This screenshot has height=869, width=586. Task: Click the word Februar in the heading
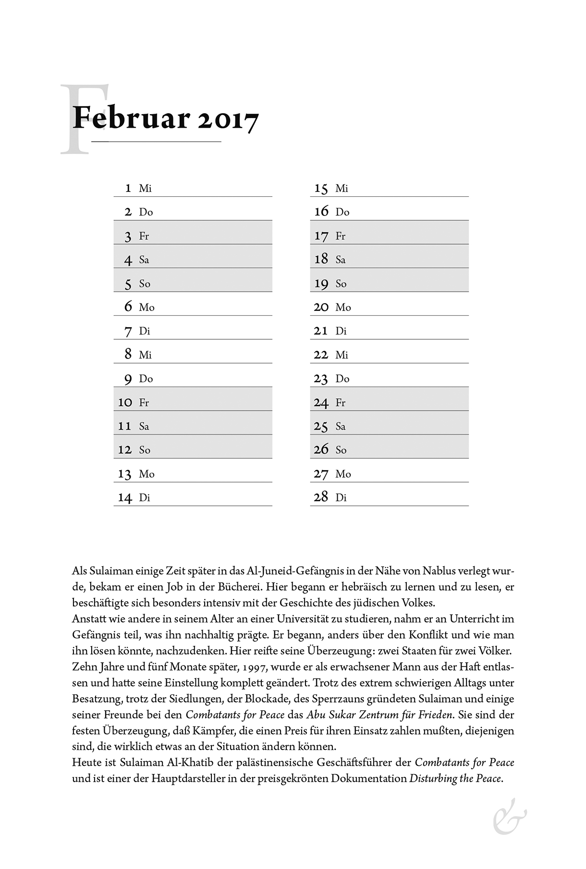click(x=131, y=118)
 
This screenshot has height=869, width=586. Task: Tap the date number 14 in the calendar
click(x=125, y=498)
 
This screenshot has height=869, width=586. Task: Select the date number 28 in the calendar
click(x=321, y=497)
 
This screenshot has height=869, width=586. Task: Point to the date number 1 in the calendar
click(x=128, y=188)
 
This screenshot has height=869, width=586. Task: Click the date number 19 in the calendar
click(x=321, y=284)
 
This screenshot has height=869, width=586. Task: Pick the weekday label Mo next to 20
click(x=343, y=308)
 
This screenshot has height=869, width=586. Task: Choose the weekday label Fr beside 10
click(x=144, y=403)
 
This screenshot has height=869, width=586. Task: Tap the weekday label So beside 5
click(x=145, y=284)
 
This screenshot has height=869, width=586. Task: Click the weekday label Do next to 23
click(x=342, y=379)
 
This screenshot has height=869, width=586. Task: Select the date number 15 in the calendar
click(x=321, y=189)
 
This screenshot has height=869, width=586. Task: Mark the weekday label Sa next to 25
click(x=341, y=426)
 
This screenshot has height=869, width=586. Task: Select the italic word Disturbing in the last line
click(x=433, y=778)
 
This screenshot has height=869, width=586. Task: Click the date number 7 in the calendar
click(x=128, y=331)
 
